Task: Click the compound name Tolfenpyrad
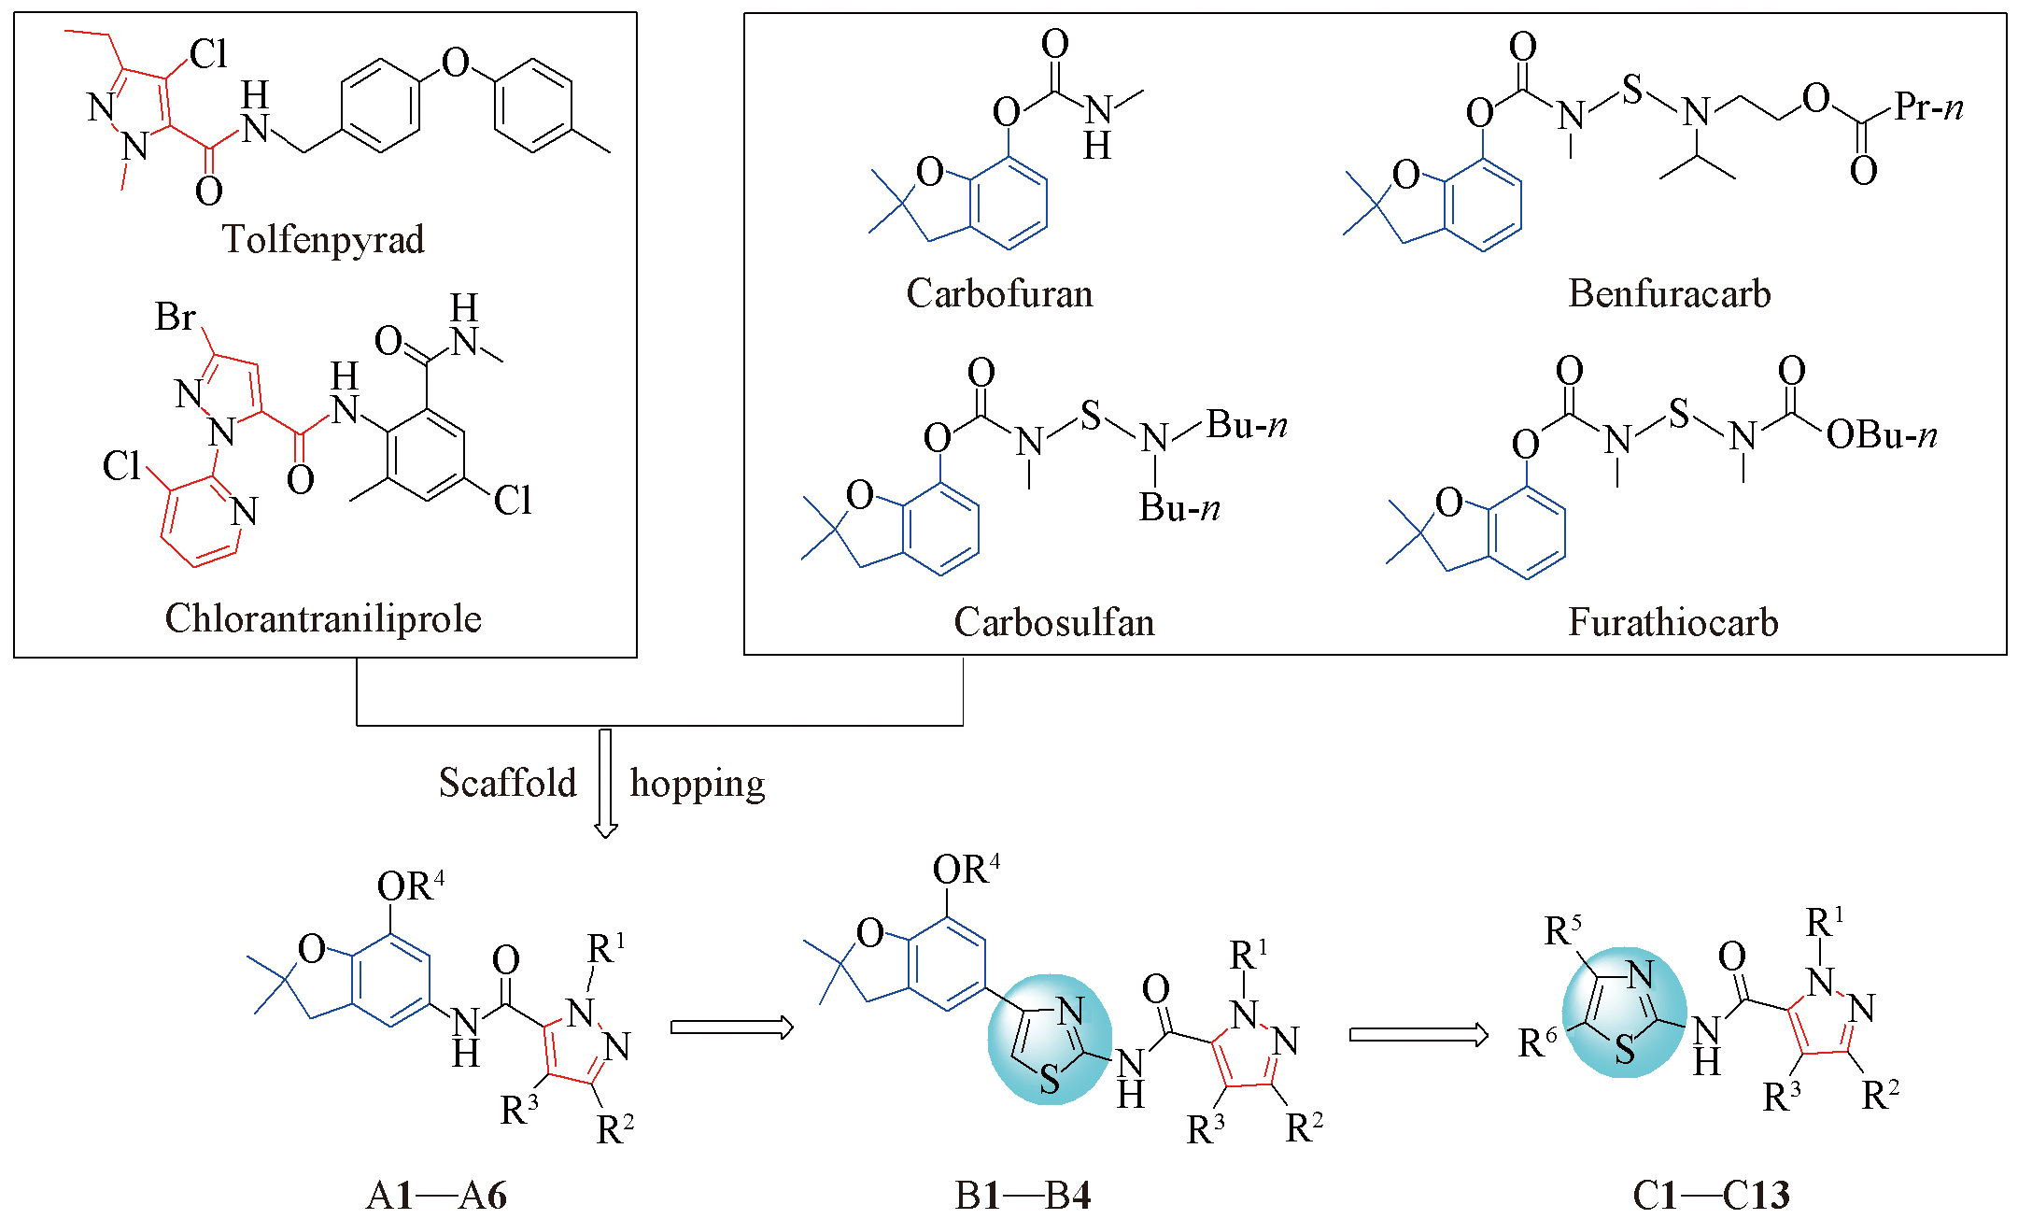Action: click(x=322, y=240)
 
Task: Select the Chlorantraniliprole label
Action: click(x=323, y=618)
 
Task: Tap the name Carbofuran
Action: click(x=999, y=294)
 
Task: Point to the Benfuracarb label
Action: click(x=1669, y=294)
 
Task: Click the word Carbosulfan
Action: click(x=1053, y=622)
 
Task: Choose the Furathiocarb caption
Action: click(x=1672, y=622)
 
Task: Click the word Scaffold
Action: click(x=507, y=783)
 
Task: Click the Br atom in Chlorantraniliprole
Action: click(x=175, y=318)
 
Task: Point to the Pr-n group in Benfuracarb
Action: click(x=1928, y=107)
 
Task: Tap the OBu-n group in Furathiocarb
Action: click(x=1881, y=435)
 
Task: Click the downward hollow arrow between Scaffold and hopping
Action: click(x=605, y=783)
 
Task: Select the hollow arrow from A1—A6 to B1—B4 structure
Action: click(x=731, y=1028)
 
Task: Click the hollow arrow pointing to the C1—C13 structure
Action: click(x=1418, y=1035)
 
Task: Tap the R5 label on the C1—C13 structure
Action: click(x=1563, y=931)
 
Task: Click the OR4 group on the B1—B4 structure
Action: click(x=966, y=870)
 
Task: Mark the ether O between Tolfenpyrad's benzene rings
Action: click(x=455, y=64)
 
